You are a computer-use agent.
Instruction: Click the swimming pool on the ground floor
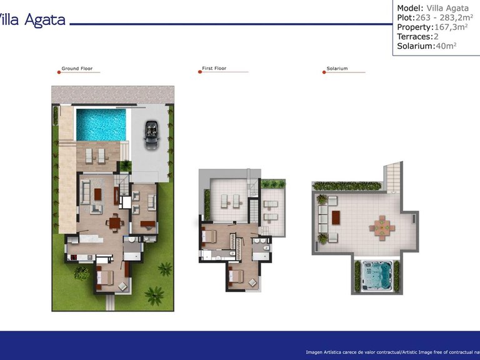click(100, 124)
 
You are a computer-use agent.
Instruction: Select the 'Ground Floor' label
click(77, 69)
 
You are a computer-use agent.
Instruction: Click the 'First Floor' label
click(214, 69)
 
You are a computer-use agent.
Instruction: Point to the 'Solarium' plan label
click(337, 69)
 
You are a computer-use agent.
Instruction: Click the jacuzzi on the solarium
click(378, 276)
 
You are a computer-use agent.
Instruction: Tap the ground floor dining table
click(114, 222)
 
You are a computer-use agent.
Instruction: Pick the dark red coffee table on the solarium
click(336, 217)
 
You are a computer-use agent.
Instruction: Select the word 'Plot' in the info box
click(405, 17)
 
